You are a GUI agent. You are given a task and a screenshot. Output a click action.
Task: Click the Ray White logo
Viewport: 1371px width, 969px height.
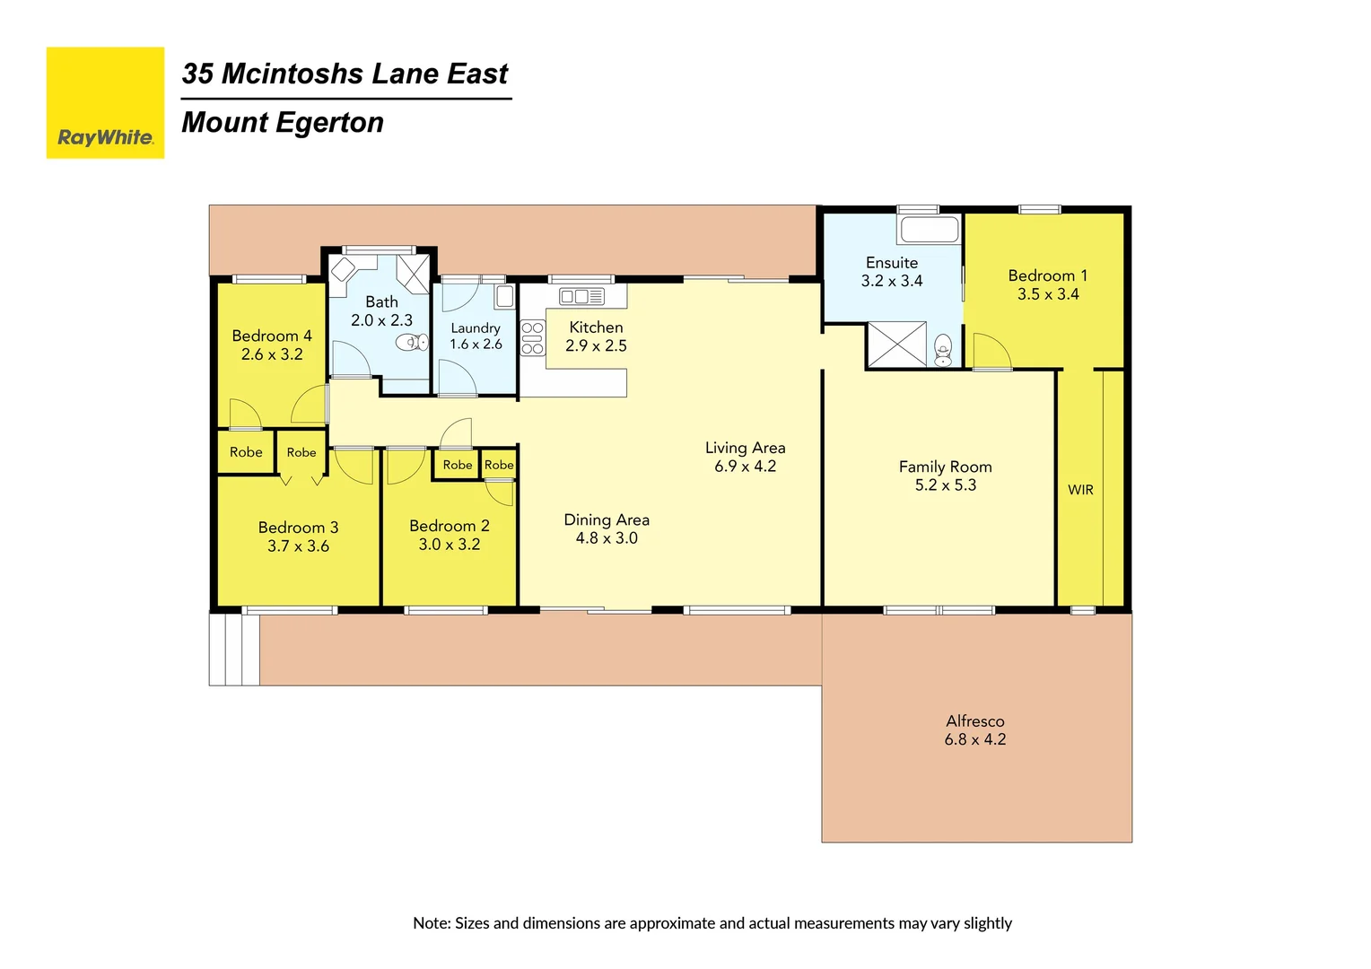[x=105, y=103]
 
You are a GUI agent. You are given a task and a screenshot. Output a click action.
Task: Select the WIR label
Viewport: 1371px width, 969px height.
[x=1080, y=490]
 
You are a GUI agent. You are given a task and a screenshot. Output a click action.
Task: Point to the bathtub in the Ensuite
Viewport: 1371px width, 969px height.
[x=930, y=230]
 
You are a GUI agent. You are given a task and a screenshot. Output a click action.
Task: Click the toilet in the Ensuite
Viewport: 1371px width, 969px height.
[x=943, y=350]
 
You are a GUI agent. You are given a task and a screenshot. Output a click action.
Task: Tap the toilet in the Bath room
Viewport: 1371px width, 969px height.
[x=412, y=342]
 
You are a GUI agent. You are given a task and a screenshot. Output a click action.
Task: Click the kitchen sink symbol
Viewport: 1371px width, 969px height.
[x=581, y=296]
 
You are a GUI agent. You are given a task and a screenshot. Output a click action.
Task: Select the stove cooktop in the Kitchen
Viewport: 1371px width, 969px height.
[x=532, y=338]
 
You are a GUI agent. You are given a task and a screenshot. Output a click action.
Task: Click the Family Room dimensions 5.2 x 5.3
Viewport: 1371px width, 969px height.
[x=945, y=485]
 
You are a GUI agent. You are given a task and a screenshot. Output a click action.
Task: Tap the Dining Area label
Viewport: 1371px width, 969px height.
[x=607, y=520]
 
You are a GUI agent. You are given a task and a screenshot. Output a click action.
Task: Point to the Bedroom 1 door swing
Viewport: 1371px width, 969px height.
[x=991, y=351]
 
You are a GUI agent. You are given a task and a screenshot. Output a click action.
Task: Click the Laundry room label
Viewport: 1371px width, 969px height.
[x=476, y=328]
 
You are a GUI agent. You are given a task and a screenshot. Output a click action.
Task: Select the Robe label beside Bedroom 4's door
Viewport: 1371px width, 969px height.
[x=246, y=452]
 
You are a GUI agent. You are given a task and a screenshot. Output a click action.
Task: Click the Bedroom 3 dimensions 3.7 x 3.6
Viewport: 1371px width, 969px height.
[x=298, y=546]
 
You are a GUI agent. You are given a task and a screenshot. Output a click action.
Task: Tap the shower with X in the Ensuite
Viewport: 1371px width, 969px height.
[x=896, y=345]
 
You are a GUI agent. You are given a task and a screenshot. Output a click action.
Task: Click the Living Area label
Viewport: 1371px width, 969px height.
[x=745, y=448]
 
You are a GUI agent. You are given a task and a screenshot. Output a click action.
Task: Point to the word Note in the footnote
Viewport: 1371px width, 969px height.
[x=431, y=923]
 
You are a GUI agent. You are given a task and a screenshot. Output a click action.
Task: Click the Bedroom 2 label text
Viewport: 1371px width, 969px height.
[x=449, y=527]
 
